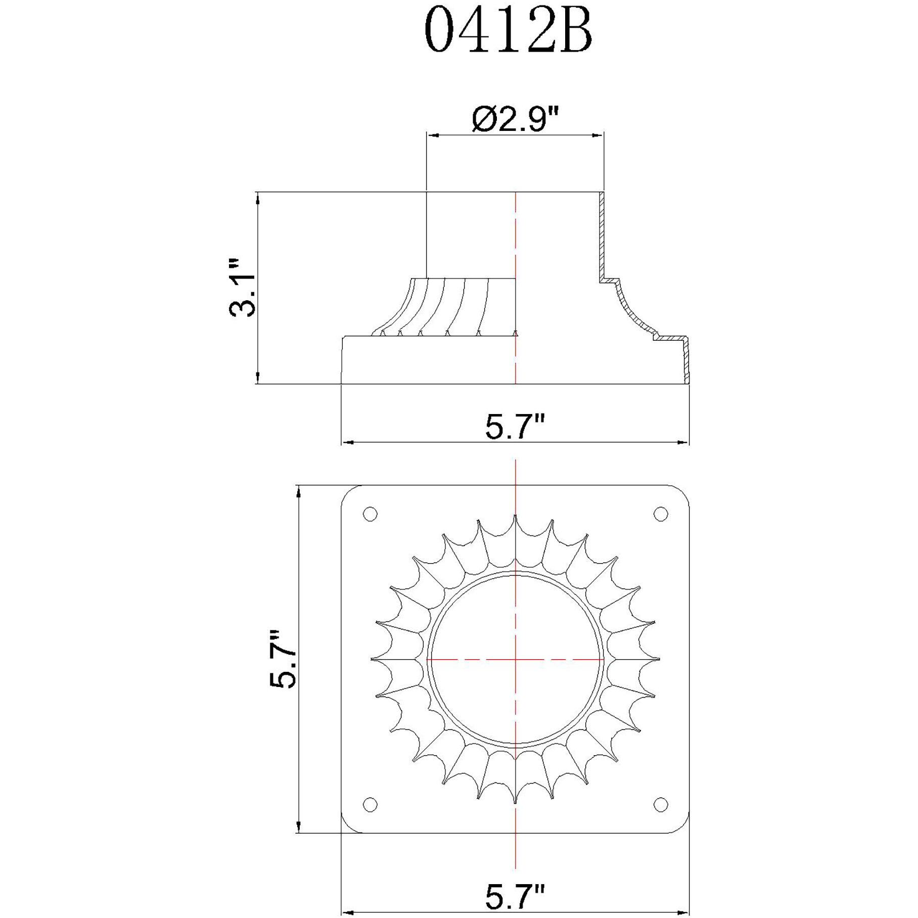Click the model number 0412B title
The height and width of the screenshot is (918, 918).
pos(508,31)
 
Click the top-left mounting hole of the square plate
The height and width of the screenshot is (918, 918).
pos(370,514)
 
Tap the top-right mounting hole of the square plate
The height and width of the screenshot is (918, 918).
pos(661,514)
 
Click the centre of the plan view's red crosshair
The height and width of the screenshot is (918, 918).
pos(515,659)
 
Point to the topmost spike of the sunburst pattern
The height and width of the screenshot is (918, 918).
pos(515,517)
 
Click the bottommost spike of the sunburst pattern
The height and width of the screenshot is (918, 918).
pos(515,802)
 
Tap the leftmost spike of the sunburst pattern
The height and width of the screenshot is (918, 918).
pos(373,659)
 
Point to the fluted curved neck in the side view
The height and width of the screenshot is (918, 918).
pos(445,306)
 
